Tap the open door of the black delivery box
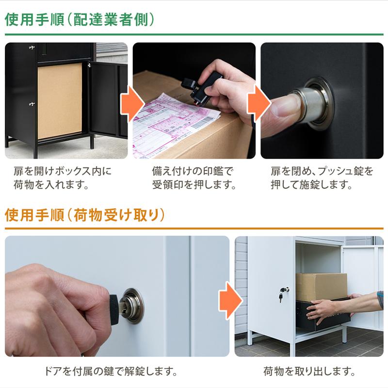pos(104,99)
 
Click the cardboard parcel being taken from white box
pos(321,286)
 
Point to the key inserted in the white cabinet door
pos(282,293)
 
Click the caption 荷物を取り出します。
pos(309,372)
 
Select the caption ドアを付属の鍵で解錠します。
pos(110,372)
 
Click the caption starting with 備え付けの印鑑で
pos(194,178)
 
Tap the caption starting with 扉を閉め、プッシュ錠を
pos(322,178)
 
